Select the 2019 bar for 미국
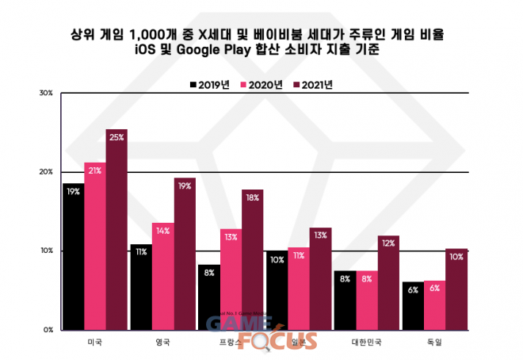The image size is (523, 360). (73, 255)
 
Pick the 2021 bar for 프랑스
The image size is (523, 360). (253, 259)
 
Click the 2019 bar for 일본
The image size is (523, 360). (277, 289)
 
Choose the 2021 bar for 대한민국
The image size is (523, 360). (388, 281)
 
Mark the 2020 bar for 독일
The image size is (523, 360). (434, 304)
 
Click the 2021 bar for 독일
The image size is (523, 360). (456, 289)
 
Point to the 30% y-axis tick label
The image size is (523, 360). (46, 94)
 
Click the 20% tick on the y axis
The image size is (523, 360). (46, 172)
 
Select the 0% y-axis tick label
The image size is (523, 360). (48, 329)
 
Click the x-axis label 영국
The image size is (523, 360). (163, 343)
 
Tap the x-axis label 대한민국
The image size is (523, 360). (366, 343)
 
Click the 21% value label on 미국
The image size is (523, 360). (95, 170)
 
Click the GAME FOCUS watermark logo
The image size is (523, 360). (261, 333)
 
